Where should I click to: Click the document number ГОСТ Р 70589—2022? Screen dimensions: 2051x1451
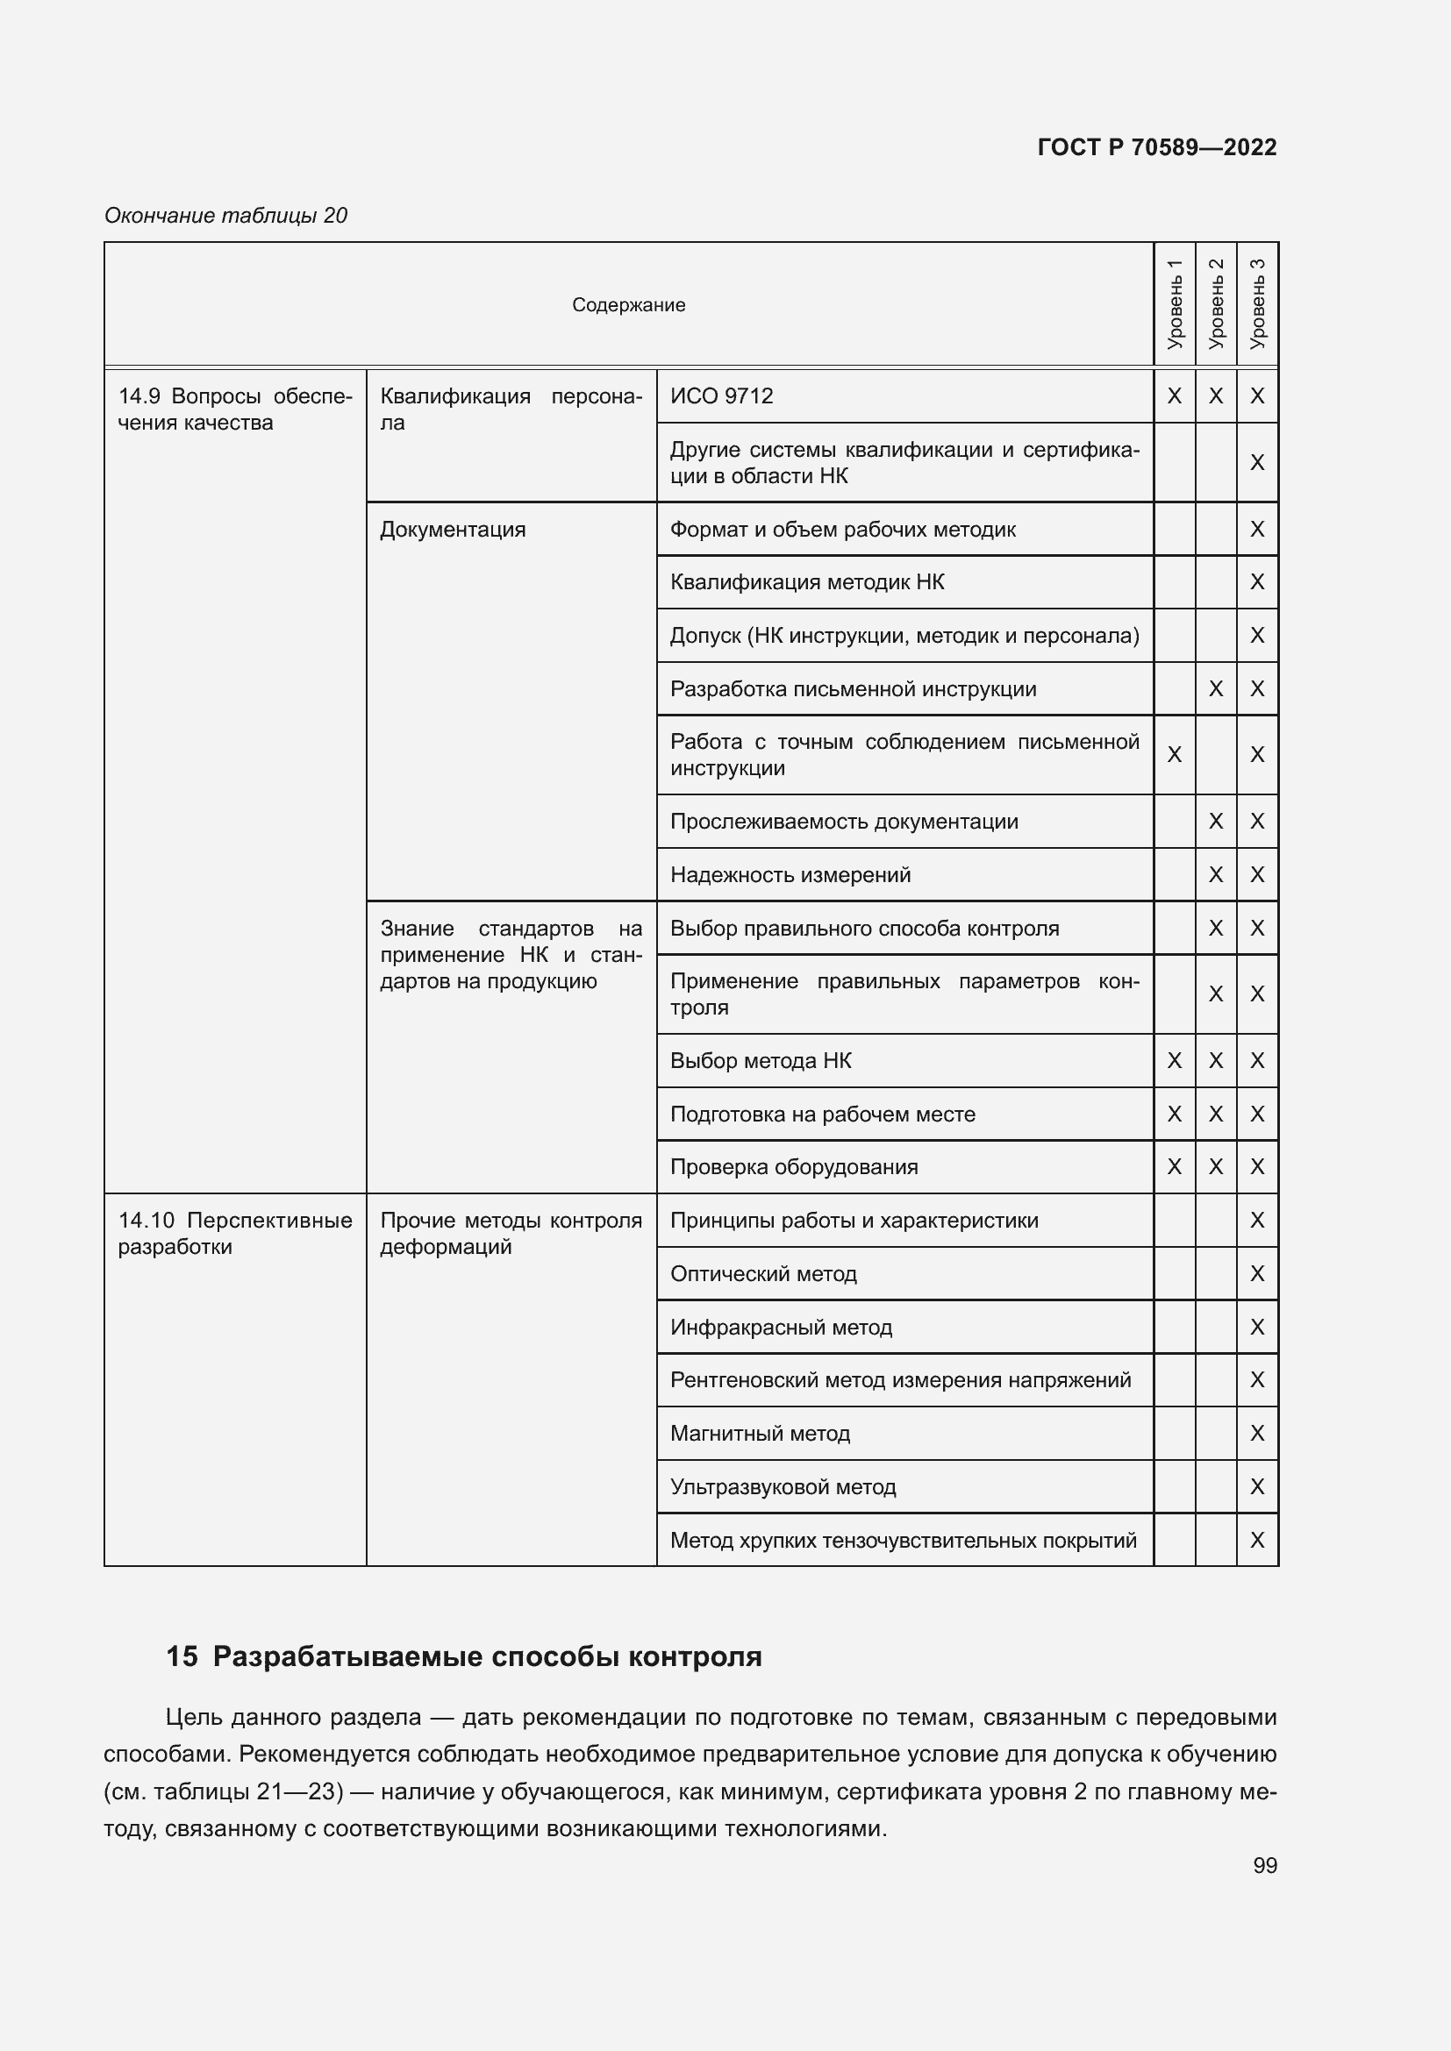[1156, 147]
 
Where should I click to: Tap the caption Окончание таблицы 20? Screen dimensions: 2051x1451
[226, 216]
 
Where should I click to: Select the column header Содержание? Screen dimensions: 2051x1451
[628, 304]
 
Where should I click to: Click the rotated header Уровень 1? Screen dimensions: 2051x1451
[1174, 304]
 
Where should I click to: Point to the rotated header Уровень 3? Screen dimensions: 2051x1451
[1257, 304]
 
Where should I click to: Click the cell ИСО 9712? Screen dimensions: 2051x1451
[722, 395]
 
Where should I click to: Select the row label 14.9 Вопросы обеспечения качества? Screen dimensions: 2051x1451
[234, 409]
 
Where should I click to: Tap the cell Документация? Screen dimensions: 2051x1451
[453, 530]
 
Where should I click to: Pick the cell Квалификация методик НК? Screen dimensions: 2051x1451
[807, 582]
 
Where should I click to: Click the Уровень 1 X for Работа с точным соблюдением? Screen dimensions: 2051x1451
[1174, 755]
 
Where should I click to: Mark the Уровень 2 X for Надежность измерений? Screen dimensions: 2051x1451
[1215, 874]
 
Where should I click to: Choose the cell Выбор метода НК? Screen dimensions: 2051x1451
[761, 1060]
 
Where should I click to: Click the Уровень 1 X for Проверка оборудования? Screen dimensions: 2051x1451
[1174, 1166]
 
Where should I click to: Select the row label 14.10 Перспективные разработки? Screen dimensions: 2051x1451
[234, 1233]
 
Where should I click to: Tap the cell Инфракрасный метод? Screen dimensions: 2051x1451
[781, 1328]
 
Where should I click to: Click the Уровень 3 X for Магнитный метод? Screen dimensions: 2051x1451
[1257, 1434]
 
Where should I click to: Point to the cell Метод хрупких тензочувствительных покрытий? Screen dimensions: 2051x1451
[903, 1540]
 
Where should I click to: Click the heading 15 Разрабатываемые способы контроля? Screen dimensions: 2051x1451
[464, 1656]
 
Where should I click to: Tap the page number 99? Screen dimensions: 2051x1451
[1264, 1865]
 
